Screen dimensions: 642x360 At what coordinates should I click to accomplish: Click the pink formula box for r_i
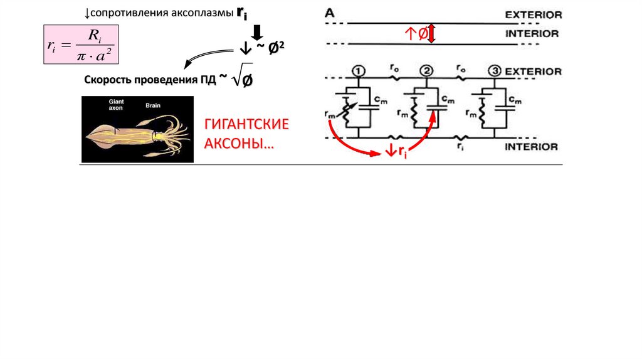tap(80, 45)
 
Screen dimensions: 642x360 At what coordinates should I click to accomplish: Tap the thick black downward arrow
tap(256, 31)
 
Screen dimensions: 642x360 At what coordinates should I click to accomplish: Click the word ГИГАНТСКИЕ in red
tap(246, 124)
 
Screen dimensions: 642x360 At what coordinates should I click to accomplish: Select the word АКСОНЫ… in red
tap(239, 143)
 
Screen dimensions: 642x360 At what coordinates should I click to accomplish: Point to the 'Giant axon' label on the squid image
tap(117, 104)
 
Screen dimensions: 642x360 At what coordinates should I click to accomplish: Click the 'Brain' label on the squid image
tap(154, 105)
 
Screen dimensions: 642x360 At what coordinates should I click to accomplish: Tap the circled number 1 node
tap(358, 70)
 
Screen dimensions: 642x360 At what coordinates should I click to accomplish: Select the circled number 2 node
tap(427, 70)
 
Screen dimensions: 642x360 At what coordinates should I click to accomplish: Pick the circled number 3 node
tap(495, 70)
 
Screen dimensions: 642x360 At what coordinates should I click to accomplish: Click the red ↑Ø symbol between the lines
tap(416, 35)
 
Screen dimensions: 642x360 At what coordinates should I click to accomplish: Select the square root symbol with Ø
tap(242, 77)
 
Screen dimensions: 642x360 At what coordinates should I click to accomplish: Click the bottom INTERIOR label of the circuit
tap(532, 147)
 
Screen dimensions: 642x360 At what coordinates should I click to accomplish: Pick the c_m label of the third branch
tap(515, 100)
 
